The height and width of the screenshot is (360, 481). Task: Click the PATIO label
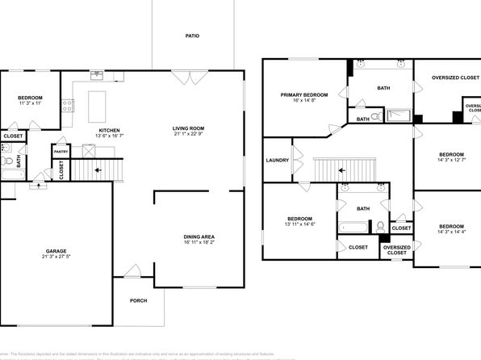(191, 36)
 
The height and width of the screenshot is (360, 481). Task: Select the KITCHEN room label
(109, 130)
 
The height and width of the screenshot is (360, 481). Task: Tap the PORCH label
(138, 301)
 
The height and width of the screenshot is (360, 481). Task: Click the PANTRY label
(61, 151)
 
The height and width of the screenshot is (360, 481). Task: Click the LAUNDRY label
(277, 160)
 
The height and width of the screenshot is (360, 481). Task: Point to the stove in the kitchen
(69, 103)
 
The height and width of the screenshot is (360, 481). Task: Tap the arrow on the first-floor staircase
(98, 170)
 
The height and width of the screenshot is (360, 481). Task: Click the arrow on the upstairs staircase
(342, 170)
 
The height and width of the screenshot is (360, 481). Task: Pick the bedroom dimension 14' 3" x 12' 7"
(451, 160)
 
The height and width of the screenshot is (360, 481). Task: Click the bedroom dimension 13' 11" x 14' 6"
(300, 224)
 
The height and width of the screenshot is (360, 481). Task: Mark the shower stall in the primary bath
(396, 115)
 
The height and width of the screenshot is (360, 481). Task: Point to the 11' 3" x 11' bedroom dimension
(31, 103)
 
